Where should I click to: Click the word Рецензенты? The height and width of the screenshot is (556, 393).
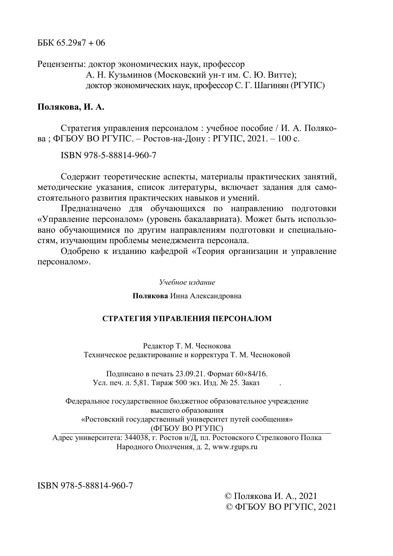click(61, 64)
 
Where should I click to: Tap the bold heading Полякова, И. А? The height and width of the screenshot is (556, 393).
click(71, 107)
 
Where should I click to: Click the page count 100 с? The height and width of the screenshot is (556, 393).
click(288, 139)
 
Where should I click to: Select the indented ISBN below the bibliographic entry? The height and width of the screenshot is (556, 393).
click(108, 156)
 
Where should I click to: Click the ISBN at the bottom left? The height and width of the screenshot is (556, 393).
click(85, 485)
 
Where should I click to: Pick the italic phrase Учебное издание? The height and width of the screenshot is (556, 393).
click(187, 282)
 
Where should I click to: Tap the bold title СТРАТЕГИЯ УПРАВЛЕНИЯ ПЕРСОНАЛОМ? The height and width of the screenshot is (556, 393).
click(187, 319)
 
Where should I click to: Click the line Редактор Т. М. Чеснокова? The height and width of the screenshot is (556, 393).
click(187, 346)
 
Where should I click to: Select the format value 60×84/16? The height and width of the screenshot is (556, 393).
click(254, 373)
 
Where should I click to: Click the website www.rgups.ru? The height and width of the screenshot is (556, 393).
click(235, 447)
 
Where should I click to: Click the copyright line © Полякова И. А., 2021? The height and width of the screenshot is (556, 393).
click(270, 496)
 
